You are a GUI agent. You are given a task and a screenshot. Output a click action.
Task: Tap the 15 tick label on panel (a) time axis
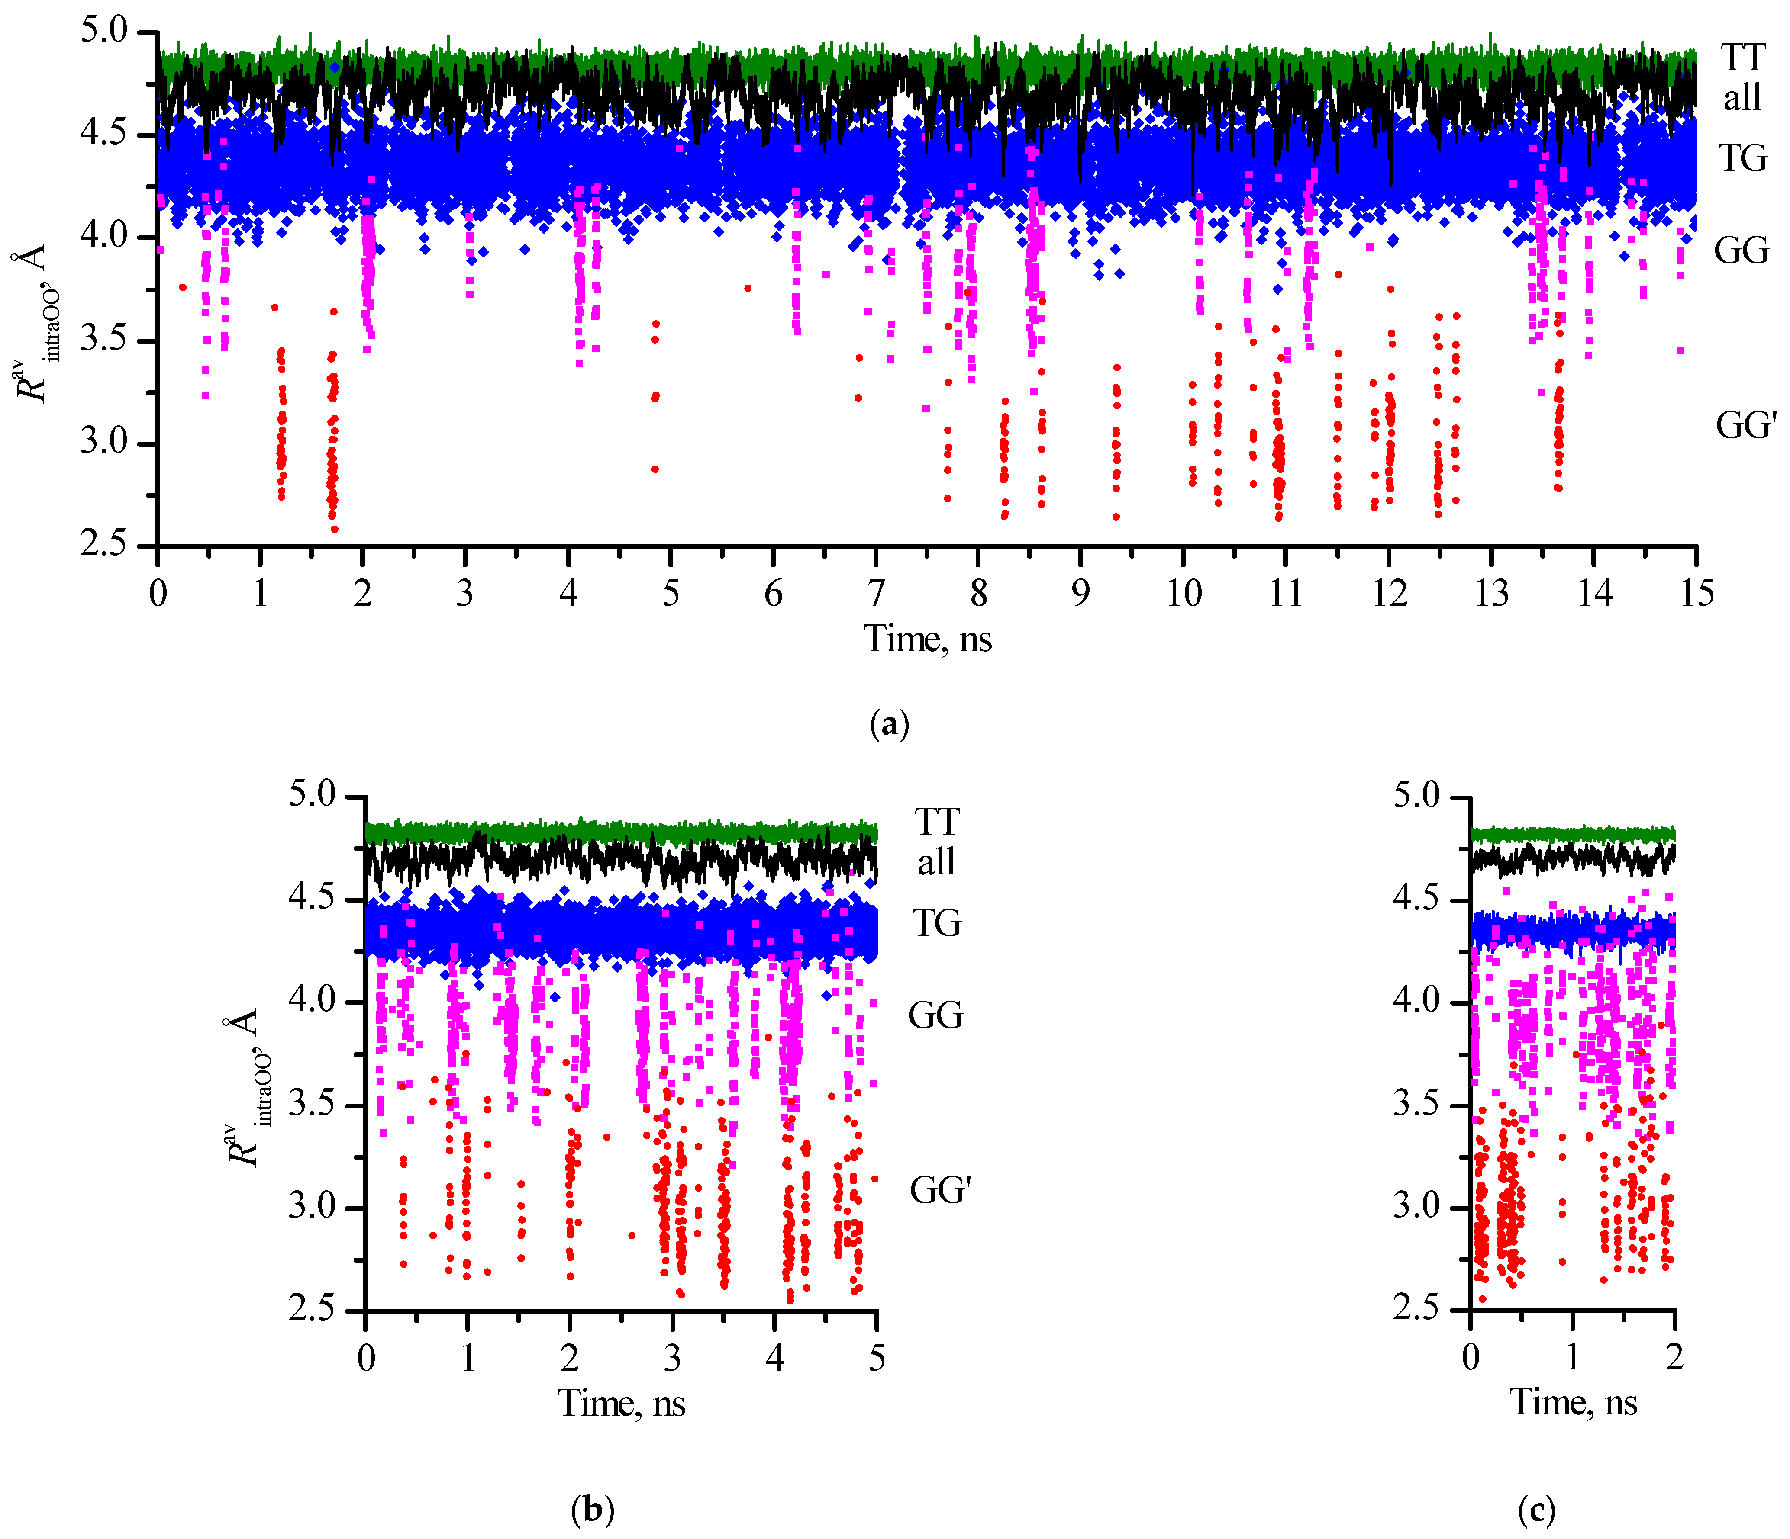click(x=1696, y=594)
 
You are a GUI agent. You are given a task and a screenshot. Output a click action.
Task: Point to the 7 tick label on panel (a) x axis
click(x=876, y=594)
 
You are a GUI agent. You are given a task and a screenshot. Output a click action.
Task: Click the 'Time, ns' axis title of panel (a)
click(x=928, y=639)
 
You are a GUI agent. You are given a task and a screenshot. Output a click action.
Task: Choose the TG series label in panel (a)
click(x=1742, y=159)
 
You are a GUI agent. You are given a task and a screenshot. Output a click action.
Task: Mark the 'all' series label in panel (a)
click(x=1742, y=98)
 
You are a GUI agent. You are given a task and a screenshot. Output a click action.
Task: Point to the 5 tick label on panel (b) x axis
click(x=877, y=1359)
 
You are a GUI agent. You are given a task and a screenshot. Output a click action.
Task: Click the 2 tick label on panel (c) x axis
click(x=1674, y=1359)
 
